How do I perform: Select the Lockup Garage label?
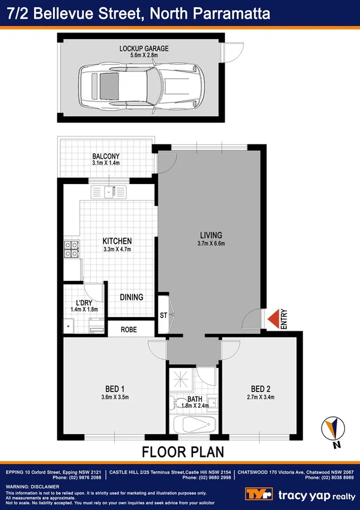click(x=144, y=48)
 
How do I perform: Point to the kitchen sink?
click(x=109, y=192)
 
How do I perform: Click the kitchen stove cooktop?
click(x=72, y=250)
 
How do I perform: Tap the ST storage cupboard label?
click(x=163, y=315)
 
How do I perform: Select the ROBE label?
click(x=129, y=330)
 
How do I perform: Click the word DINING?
click(x=131, y=297)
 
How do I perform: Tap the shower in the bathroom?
click(x=183, y=378)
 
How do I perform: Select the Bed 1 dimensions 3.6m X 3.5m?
click(x=114, y=396)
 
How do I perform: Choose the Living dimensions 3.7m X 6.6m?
click(x=212, y=244)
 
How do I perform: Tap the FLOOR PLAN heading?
click(x=180, y=452)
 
